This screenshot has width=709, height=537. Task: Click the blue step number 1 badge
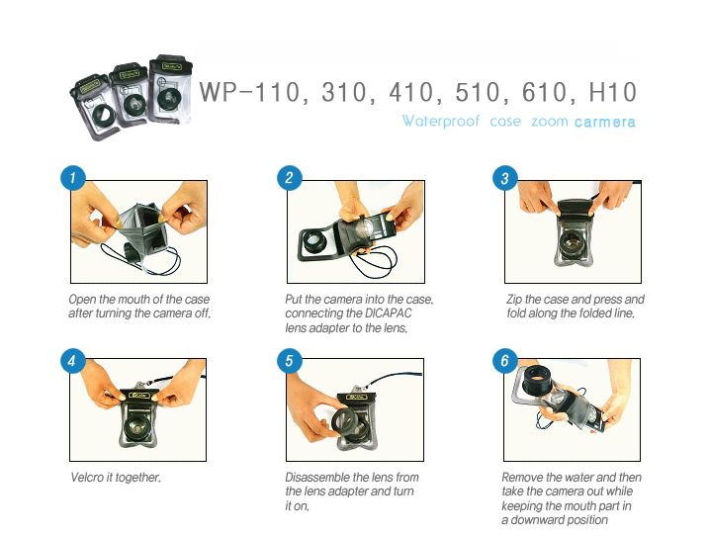click(x=73, y=178)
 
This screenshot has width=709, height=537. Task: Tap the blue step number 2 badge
click(x=290, y=178)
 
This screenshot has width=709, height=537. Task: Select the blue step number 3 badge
click(x=505, y=178)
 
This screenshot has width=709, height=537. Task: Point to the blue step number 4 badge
click(x=73, y=361)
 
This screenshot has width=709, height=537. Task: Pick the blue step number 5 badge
click(x=290, y=361)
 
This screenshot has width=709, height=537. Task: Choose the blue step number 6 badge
click(x=505, y=361)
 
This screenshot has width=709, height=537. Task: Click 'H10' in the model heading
click(x=613, y=92)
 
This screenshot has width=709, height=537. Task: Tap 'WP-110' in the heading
click(x=249, y=93)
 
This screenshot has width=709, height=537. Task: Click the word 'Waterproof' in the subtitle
click(x=441, y=122)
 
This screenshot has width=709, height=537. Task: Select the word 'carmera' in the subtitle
click(x=605, y=123)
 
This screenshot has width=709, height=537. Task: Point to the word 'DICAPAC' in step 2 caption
click(x=388, y=313)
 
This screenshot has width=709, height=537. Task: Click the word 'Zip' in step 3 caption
click(x=514, y=300)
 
